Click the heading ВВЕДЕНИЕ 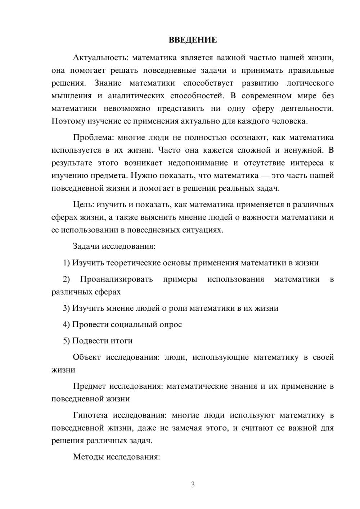tap(193, 40)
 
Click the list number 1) tap(67, 263)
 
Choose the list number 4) tap(67, 325)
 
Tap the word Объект tap(87, 357)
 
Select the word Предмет tap(89, 387)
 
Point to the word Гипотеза tap(90, 415)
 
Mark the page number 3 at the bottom tap(193, 485)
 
